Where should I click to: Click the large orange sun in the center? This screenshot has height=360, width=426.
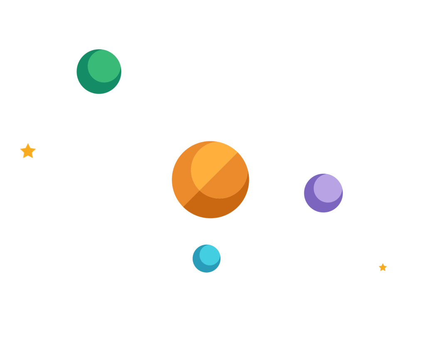tap(210, 179)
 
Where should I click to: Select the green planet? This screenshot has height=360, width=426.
tap(99, 72)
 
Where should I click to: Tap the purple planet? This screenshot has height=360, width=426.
tap(323, 193)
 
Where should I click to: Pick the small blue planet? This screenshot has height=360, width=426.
tap(206, 258)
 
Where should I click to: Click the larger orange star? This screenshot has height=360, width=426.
tap(28, 151)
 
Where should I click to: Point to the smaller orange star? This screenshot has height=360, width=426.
tap(383, 267)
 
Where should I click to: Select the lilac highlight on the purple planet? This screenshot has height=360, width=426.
tap(328, 188)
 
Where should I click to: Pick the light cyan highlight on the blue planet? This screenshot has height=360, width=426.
tap(210, 254)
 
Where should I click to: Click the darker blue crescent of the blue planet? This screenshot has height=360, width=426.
tap(198, 265)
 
